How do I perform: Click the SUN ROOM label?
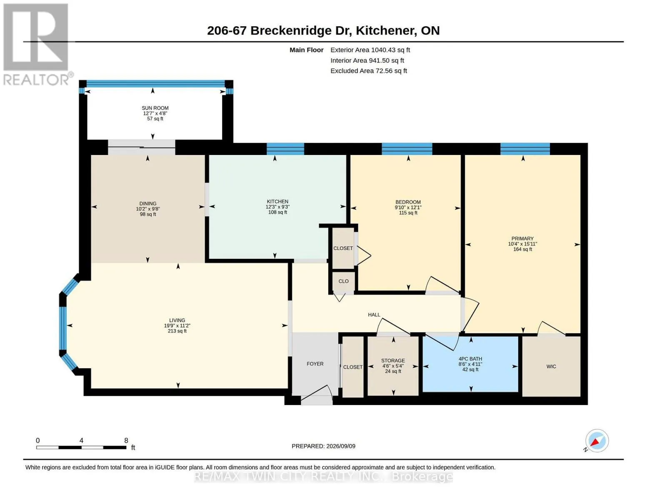tap(155, 108)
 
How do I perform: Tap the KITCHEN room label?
tap(277, 202)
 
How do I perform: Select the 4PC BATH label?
tap(470, 359)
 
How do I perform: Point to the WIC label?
tap(551, 367)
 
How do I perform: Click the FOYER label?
tap(315, 364)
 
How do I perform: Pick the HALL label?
tap(374, 315)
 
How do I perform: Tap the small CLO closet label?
tap(343, 281)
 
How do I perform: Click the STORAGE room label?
tap(393, 360)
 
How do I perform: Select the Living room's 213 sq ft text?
tap(177, 331)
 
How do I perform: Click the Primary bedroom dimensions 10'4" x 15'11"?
tap(522, 244)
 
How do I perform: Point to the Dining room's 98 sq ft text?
tap(148, 214)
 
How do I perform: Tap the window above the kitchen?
tap(285, 149)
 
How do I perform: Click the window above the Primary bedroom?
tap(525, 149)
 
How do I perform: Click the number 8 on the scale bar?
tap(126, 440)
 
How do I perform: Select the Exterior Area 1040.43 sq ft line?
tap(370, 50)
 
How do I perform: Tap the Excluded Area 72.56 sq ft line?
tap(369, 71)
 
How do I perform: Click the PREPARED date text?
tap(323, 446)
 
